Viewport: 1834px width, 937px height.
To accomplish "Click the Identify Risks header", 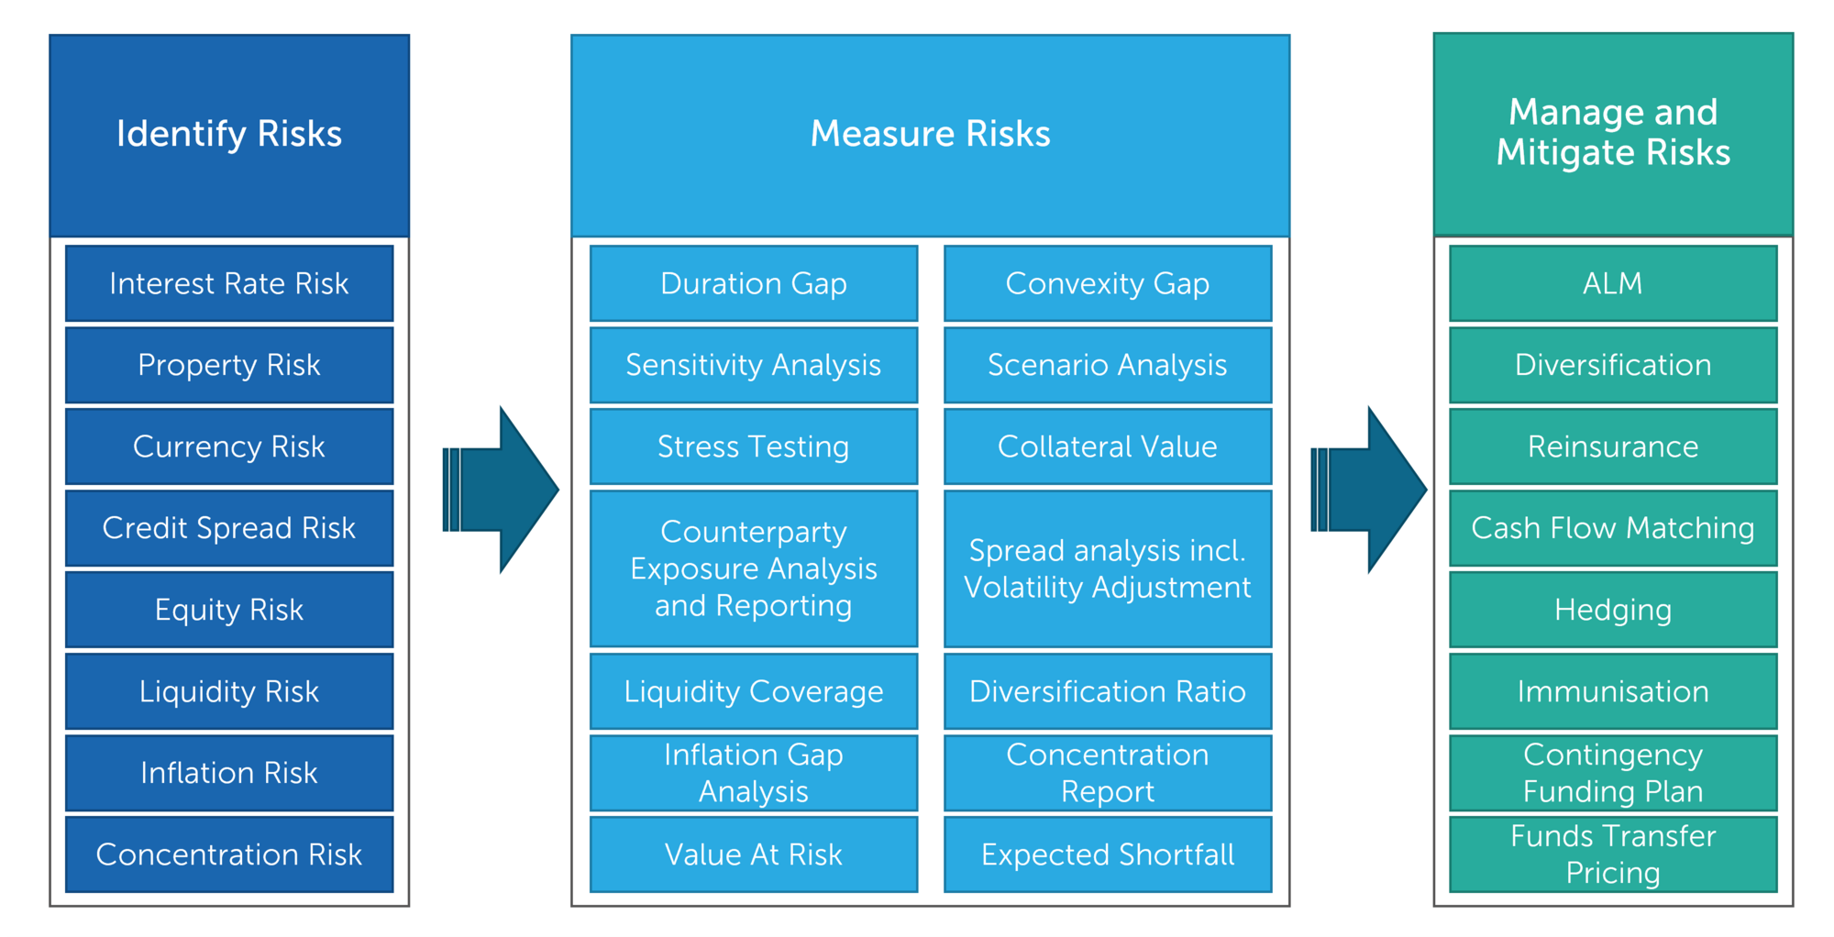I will [x=229, y=135].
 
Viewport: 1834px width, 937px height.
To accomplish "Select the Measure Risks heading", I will [x=930, y=135].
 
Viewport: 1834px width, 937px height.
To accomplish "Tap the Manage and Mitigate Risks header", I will [x=1613, y=133].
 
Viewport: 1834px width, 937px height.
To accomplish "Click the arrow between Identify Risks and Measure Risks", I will [x=502, y=490].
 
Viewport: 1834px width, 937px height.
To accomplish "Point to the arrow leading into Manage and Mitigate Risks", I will [x=1370, y=490].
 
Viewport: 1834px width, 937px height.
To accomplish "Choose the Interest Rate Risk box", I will [x=229, y=283].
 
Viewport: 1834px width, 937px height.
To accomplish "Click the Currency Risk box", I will [x=229, y=446].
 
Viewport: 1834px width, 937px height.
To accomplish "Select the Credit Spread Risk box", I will [x=229, y=528].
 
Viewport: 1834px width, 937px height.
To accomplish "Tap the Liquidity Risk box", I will [x=229, y=691].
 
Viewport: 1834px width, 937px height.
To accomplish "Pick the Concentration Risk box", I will [x=229, y=854].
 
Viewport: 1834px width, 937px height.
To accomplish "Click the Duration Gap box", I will [x=754, y=283].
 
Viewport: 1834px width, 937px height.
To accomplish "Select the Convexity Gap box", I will [x=1108, y=283].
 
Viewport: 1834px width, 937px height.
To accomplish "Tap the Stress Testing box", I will [x=754, y=446].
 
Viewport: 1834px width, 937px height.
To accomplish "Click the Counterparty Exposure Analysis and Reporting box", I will [x=754, y=568].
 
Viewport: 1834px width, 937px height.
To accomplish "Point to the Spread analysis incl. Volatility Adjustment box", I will [x=1108, y=568].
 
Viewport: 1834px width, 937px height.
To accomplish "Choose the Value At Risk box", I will [x=754, y=854].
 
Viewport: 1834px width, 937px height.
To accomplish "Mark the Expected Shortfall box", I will [x=1108, y=854].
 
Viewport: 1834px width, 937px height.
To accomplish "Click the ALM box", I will [x=1613, y=283].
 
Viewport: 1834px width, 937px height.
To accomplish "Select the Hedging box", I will [x=1613, y=610].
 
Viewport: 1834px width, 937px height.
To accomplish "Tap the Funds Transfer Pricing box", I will [x=1613, y=854].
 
